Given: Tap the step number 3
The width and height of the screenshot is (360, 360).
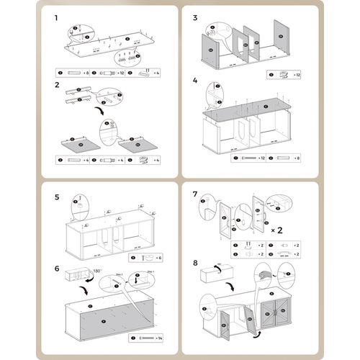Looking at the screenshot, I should coord(195,15).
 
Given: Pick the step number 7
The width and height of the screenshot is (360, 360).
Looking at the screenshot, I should coord(195,194).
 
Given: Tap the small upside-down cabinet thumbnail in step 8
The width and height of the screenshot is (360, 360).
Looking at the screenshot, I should coord(215,273).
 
